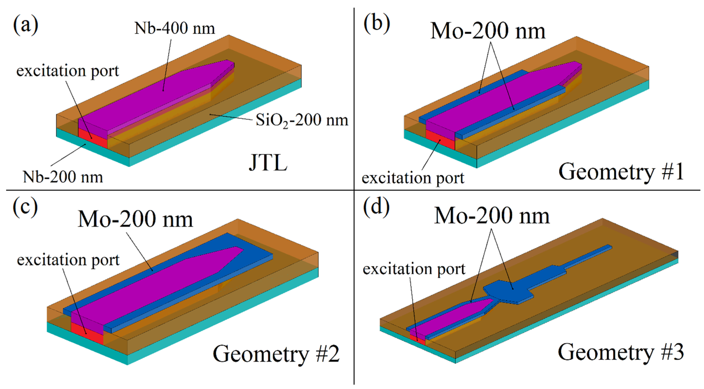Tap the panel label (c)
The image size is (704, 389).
click(25, 208)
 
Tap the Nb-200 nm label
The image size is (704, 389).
click(63, 177)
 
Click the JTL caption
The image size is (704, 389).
click(268, 163)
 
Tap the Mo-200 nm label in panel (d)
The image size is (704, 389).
click(492, 216)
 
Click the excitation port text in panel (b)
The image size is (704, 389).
click(413, 178)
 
